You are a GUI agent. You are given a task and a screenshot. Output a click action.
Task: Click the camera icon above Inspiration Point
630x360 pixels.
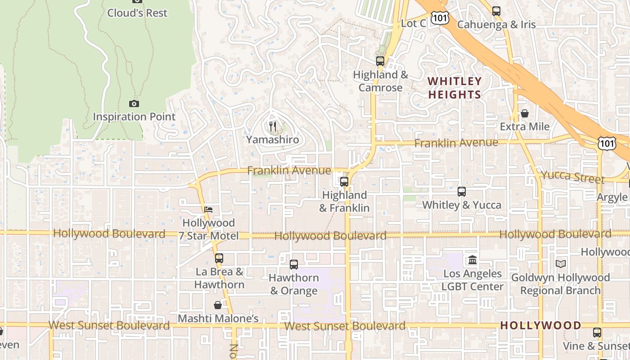[x=134, y=103]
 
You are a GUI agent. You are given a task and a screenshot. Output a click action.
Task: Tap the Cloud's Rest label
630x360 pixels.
[x=137, y=13]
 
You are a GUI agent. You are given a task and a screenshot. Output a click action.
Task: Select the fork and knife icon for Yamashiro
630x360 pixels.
[x=272, y=126]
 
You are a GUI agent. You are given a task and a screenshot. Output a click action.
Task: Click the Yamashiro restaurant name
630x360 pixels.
[x=272, y=140]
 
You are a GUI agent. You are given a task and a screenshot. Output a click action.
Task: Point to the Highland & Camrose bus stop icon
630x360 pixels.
[x=380, y=61]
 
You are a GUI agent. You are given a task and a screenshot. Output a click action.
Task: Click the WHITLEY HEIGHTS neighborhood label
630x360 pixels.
[x=454, y=88]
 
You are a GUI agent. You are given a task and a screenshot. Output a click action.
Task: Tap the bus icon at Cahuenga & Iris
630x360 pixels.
[x=496, y=11]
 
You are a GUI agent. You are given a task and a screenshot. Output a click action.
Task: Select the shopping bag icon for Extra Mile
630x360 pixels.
[x=525, y=113]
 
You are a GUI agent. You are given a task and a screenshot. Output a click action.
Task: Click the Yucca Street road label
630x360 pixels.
[x=572, y=176]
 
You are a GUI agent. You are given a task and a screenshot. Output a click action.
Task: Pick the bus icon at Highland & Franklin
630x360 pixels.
[x=344, y=182]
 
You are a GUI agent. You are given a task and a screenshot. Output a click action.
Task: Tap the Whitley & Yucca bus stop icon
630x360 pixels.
[x=462, y=192]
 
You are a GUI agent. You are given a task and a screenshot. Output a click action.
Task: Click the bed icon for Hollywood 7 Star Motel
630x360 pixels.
[x=208, y=210]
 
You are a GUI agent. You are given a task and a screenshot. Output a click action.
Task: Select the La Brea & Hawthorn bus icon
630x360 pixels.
[x=219, y=258]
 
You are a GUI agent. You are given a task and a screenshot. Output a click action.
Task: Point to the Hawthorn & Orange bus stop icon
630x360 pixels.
[x=294, y=265]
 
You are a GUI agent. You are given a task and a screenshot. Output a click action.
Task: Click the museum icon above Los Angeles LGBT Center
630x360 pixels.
[x=472, y=260]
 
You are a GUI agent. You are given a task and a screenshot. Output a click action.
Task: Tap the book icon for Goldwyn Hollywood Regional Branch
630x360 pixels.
[x=560, y=264]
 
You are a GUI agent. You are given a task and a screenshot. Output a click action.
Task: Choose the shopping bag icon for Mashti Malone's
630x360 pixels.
[x=218, y=305]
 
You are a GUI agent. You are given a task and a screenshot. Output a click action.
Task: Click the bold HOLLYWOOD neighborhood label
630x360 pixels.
[x=540, y=325]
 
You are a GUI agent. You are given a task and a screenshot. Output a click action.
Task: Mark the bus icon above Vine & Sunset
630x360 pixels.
[x=597, y=333]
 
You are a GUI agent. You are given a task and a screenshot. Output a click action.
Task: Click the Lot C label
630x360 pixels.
[x=413, y=23]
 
